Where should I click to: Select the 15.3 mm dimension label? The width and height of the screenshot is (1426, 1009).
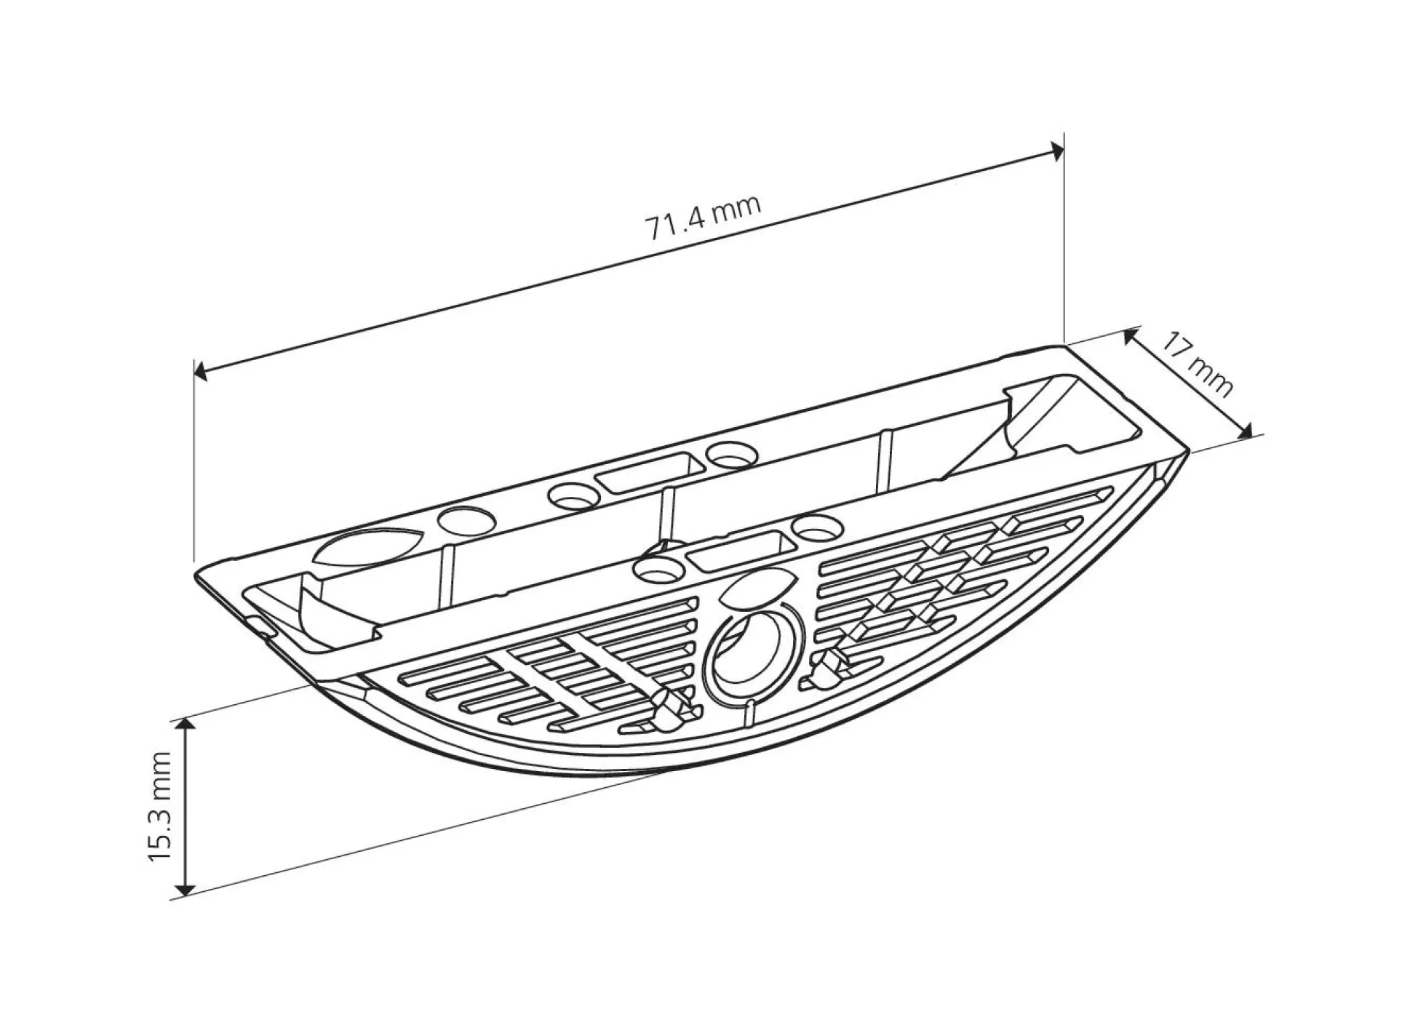click(x=160, y=805)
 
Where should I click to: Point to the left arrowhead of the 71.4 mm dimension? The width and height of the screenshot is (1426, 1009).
click(x=200, y=372)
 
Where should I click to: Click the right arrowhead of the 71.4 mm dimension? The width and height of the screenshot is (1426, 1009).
click(x=1056, y=151)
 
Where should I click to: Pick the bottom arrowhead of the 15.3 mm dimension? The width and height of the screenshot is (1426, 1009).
click(x=186, y=888)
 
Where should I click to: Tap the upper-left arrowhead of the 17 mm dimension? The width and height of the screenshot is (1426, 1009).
click(x=1130, y=336)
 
